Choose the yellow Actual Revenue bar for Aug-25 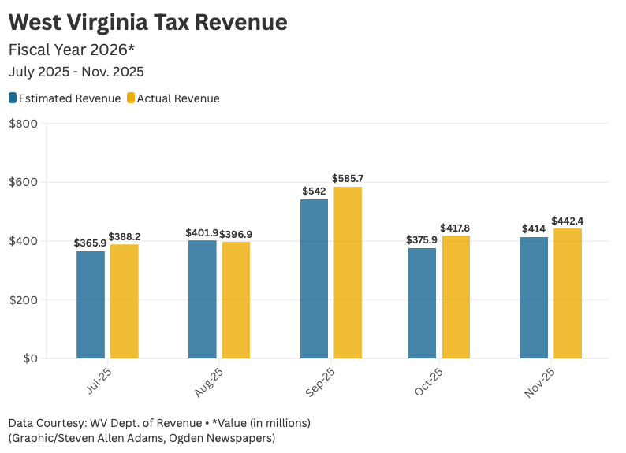point(236,300)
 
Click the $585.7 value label point(348,179)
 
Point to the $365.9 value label point(90,243)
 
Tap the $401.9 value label point(202,233)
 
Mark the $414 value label point(534,229)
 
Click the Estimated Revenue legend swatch point(13,98)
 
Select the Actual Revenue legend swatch point(131,98)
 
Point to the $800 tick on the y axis point(23,124)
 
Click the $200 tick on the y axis point(23,300)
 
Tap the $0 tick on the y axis point(31,358)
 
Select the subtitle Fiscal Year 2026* point(72,50)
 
